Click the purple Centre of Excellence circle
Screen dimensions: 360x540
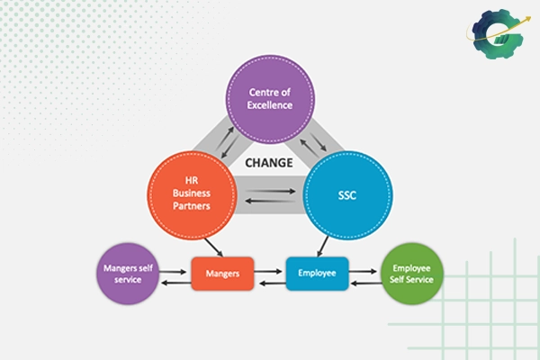(x=271, y=98)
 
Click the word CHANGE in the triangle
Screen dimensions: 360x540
(x=268, y=163)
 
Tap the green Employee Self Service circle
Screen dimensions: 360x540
(x=410, y=274)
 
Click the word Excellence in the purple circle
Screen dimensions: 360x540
(x=271, y=105)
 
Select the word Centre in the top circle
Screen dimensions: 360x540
(x=271, y=92)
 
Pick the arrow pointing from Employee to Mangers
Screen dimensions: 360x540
(x=270, y=283)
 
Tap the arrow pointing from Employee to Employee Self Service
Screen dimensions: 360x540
(x=364, y=268)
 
